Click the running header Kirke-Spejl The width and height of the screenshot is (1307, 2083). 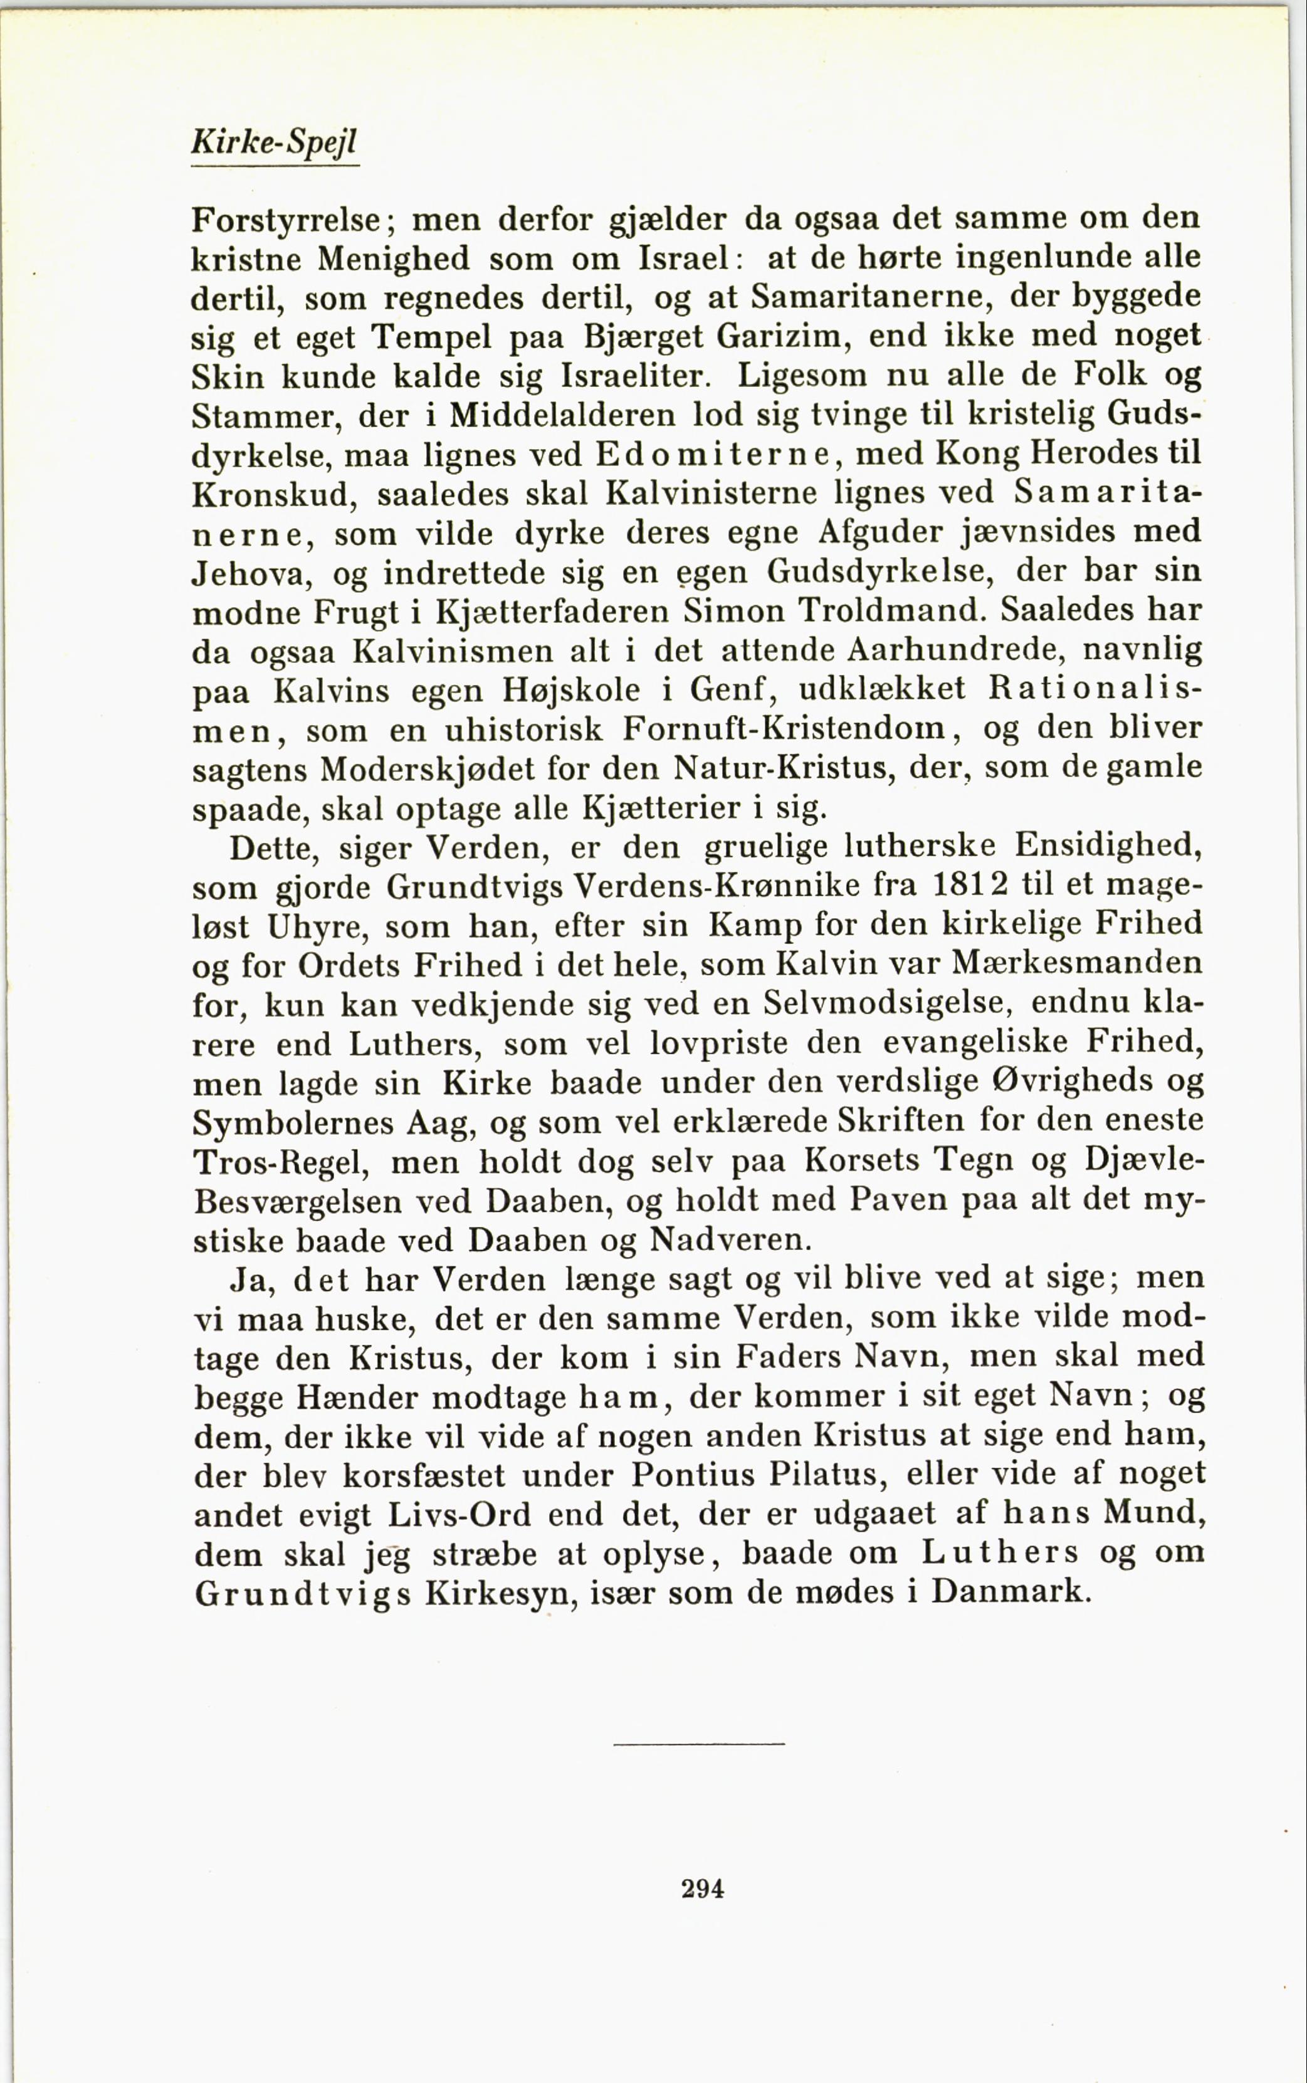tap(273, 142)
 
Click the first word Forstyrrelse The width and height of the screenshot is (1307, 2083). tap(286, 220)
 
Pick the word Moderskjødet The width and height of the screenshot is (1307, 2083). tap(429, 770)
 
